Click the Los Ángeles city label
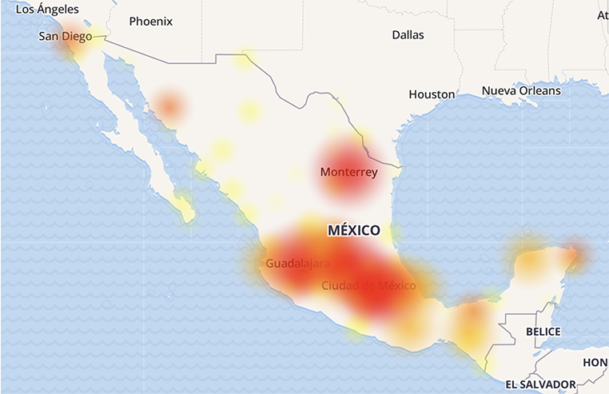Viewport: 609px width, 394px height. coord(48,10)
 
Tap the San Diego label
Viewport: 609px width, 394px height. coord(64,37)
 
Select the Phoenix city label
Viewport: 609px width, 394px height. coord(150,22)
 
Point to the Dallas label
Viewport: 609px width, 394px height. coord(408,35)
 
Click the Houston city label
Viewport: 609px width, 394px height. coord(432,94)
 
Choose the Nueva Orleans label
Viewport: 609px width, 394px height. coord(520,91)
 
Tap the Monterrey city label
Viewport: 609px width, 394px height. coord(348,172)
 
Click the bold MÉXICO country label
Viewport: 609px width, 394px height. coord(354,230)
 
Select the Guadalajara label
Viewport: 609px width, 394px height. coord(298,263)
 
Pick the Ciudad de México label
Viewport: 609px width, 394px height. coord(368,285)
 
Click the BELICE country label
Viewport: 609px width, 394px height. coord(543,332)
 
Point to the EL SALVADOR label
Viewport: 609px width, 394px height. coord(540,384)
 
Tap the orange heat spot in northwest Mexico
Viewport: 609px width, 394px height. coord(169,105)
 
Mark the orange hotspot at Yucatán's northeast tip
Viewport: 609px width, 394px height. coord(575,254)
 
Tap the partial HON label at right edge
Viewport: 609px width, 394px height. coord(595,362)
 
